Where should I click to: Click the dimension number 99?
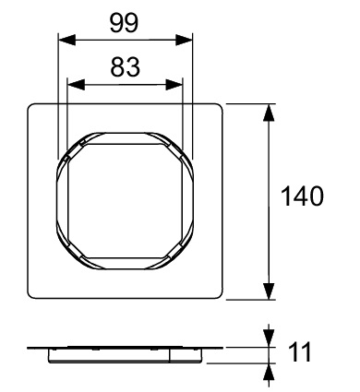[126, 22]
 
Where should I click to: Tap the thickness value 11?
[299, 353]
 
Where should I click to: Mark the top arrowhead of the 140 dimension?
[269, 110]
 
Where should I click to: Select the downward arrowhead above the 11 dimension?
[269, 338]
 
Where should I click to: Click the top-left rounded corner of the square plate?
[32, 106]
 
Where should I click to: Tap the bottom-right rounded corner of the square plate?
[222, 295]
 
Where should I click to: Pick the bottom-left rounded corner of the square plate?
[32, 295]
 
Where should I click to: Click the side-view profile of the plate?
[126, 351]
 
